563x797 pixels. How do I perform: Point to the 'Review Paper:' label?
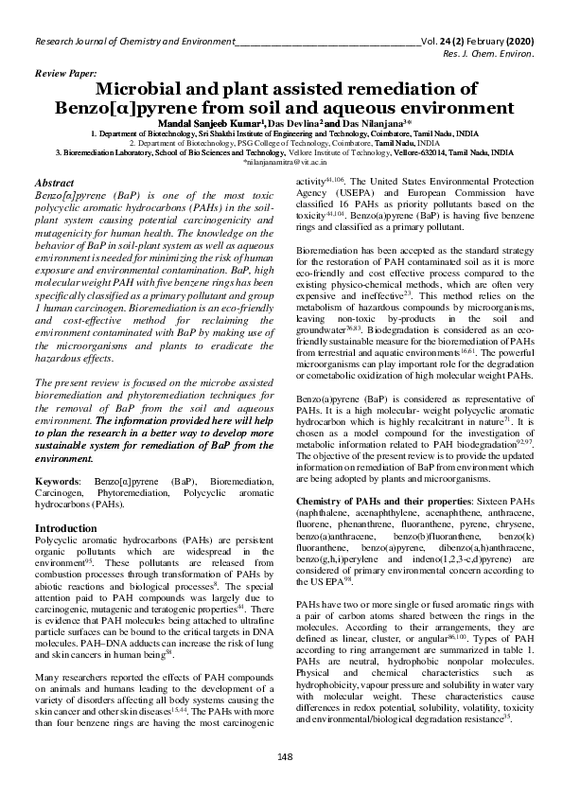coord(64,73)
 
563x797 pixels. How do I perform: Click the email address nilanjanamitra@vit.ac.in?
coord(283,163)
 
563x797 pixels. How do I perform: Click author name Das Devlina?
coord(295,124)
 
